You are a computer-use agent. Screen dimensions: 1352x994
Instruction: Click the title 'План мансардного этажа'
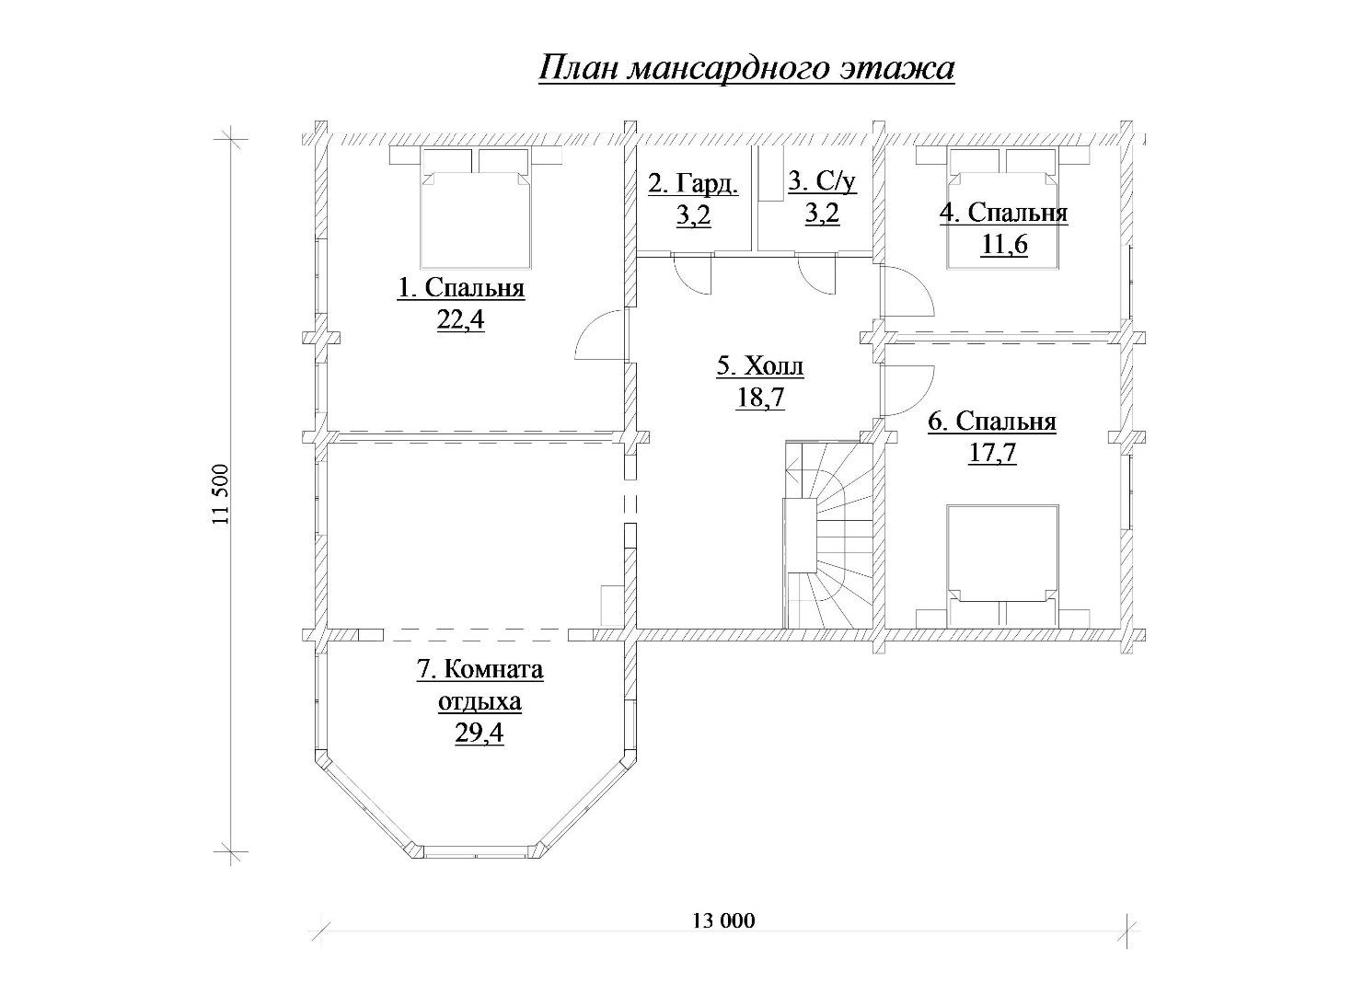[746, 69]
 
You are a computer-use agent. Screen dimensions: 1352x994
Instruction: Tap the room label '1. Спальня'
[461, 288]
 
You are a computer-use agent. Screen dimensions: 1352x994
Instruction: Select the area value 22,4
[460, 320]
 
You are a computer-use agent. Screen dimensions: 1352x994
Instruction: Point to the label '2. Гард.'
[694, 183]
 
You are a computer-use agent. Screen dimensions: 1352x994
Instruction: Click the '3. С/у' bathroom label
[822, 181]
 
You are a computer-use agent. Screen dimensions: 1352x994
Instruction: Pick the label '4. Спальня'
[1003, 213]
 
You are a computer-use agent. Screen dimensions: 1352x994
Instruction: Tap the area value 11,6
[1004, 245]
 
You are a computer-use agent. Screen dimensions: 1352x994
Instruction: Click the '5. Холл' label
[760, 365]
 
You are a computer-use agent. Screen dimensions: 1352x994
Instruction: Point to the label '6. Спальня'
[992, 422]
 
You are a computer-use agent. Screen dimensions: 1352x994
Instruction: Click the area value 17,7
[992, 453]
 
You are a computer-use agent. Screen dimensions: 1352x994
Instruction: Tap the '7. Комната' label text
[480, 670]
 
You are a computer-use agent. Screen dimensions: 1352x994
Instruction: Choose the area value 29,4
[480, 734]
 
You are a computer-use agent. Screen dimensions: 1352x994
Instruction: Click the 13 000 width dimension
[723, 921]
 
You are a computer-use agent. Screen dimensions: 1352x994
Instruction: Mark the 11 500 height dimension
[222, 494]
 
